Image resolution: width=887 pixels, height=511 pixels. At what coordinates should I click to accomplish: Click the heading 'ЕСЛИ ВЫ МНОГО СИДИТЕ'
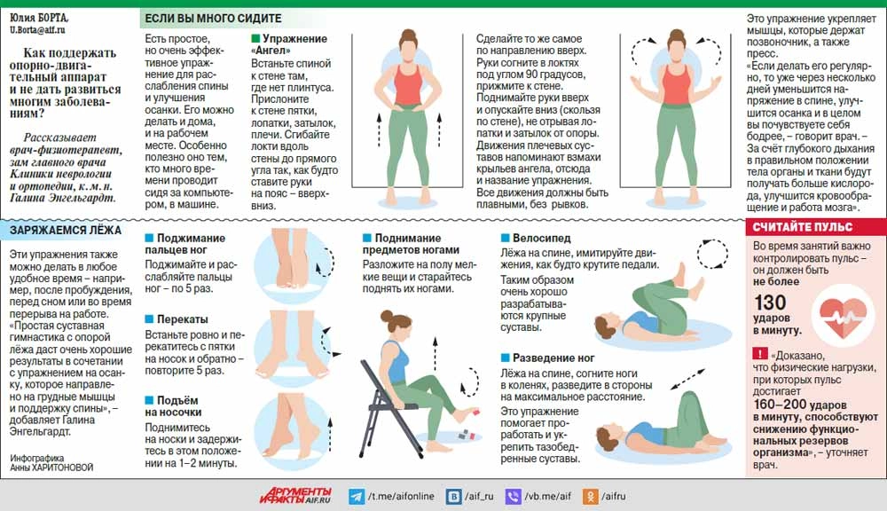(x=213, y=18)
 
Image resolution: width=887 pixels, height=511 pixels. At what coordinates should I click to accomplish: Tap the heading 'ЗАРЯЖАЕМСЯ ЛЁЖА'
(x=66, y=231)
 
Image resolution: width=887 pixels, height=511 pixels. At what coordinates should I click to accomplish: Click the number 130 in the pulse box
(x=770, y=303)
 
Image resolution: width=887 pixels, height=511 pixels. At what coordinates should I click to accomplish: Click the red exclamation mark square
(x=760, y=354)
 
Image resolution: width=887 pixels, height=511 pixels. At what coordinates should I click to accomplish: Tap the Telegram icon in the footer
(x=357, y=497)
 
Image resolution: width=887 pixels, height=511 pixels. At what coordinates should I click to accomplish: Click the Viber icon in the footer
(x=513, y=497)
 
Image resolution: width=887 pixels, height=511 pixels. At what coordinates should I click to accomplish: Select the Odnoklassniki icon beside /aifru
(x=591, y=497)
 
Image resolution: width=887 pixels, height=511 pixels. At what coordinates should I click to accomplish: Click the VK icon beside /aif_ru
(x=453, y=497)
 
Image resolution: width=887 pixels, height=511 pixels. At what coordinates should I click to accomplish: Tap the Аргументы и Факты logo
(x=296, y=496)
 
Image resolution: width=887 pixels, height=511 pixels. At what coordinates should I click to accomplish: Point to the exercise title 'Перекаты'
(x=182, y=319)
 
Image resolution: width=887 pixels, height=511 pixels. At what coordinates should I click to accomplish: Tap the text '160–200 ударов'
(x=800, y=405)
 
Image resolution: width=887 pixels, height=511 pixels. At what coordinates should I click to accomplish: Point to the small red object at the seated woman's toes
(x=475, y=412)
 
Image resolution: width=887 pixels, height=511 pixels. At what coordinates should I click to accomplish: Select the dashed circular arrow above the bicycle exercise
(x=712, y=254)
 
